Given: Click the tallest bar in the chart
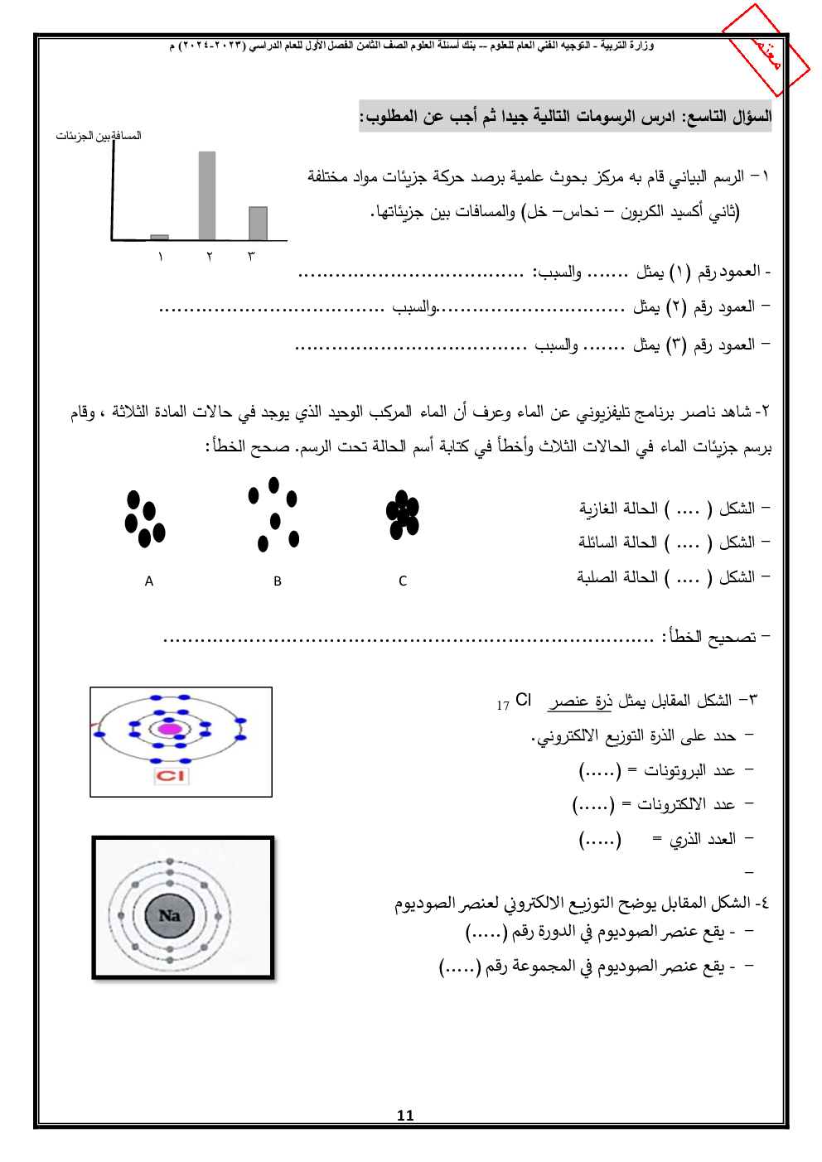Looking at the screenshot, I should (207, 195).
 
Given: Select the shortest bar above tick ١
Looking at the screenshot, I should (160, 237).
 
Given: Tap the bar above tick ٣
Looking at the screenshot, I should (258, 224).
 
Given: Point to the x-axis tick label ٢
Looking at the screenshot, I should (210, 257).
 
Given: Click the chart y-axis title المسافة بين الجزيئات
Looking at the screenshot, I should (99, 136).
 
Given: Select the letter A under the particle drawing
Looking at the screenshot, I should (149, 581).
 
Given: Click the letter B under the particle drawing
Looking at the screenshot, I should (278, 581).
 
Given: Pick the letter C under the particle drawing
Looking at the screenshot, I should (403, 581).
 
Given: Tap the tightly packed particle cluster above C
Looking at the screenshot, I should (403, 514).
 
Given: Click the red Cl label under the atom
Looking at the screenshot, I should (172, 776).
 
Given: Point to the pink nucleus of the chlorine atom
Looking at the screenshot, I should (170, 729).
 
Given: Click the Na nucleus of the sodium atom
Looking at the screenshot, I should (170, 916).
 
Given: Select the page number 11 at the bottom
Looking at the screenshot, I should (405, 1116).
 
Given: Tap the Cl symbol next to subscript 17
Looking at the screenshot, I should (523, 700).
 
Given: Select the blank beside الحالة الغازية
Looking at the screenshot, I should (688, 509).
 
